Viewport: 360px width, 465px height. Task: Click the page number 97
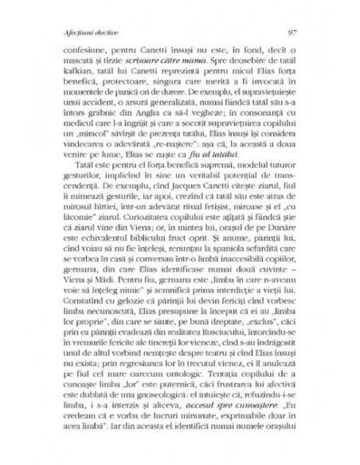(x=292, y=33)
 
